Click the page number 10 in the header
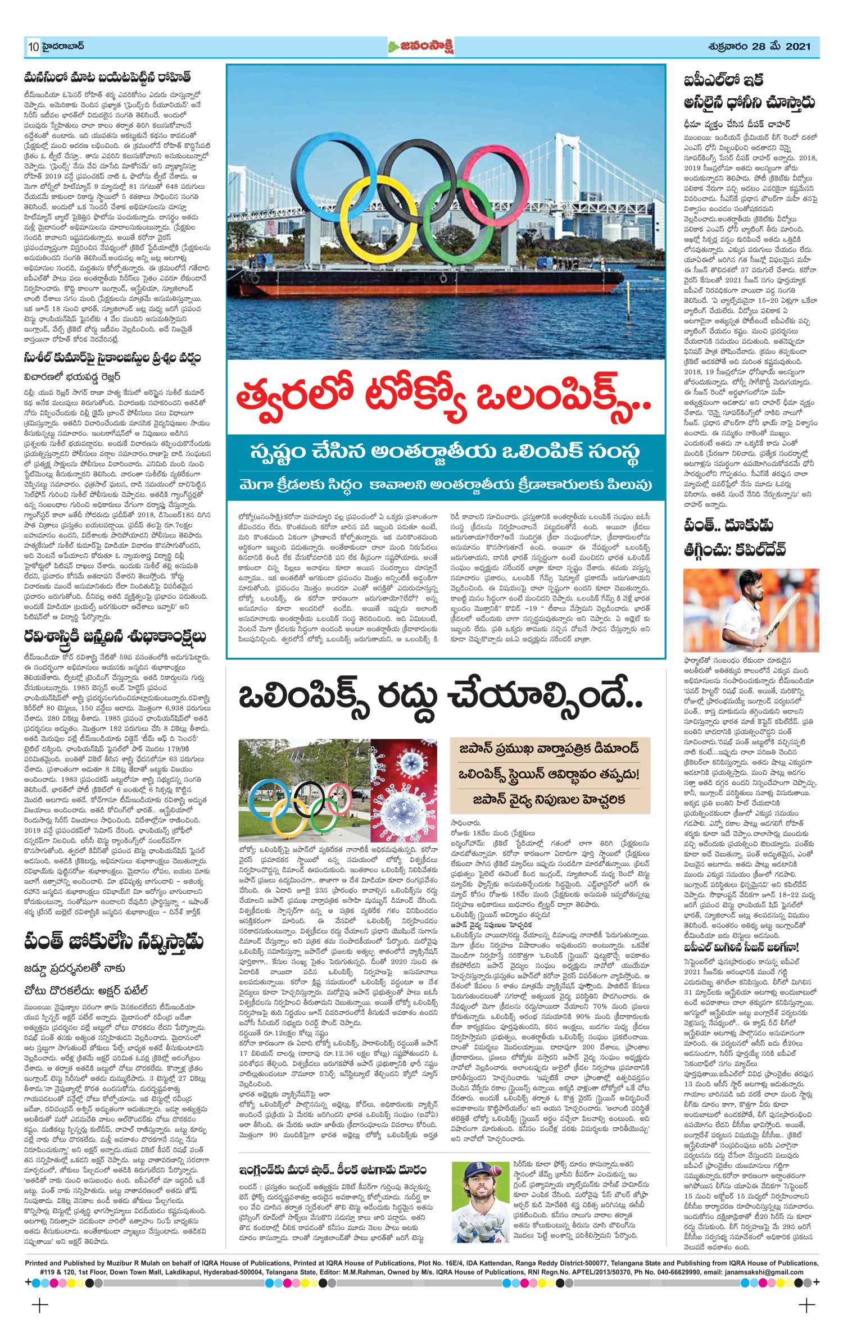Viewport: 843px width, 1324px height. click(33, 47)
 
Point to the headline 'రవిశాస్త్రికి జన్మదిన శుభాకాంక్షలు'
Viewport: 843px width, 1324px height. click(115, 636)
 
